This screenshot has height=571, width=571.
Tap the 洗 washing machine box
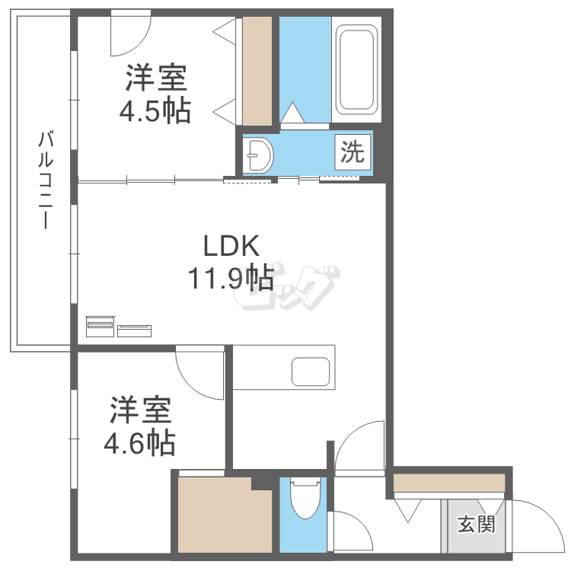coord(352,152)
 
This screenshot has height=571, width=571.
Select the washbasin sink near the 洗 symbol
coord(260,156)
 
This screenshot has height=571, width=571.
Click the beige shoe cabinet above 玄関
coord(449,483)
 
